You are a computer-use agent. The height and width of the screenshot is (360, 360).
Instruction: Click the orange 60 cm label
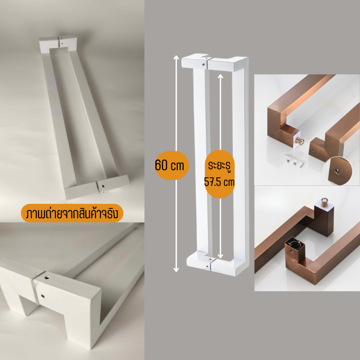click(172, 165)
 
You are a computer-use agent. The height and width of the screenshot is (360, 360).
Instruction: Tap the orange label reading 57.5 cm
click(220, 174)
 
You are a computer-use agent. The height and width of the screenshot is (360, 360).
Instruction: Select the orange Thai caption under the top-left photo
click(72, 213)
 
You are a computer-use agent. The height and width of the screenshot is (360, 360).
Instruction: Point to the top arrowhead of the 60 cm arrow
click(176, 58)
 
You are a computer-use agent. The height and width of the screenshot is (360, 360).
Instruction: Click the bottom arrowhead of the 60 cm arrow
click(176, 270)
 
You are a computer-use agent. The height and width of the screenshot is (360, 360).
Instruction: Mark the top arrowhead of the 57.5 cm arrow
click(220, 76)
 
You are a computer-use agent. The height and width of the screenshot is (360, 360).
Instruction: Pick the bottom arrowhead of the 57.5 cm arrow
click(220, 256)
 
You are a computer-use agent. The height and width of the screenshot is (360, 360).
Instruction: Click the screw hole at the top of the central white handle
click(203, 65)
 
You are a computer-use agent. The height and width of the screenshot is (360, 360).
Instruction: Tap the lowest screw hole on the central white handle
click(207, 266)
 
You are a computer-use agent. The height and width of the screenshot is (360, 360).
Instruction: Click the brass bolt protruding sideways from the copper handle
click(300, 140)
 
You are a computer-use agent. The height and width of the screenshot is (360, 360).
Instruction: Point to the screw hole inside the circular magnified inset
click(337, 171)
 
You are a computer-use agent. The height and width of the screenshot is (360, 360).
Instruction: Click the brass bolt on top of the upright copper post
click(324, 201)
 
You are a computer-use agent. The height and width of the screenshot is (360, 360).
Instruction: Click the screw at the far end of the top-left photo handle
click(61, 42)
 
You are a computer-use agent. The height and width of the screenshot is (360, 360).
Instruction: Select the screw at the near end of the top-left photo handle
click(104, 186)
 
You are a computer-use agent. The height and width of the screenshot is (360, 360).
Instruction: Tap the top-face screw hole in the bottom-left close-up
click(47, 278)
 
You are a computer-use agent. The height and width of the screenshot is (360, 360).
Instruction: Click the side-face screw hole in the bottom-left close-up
click(42, 296)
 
